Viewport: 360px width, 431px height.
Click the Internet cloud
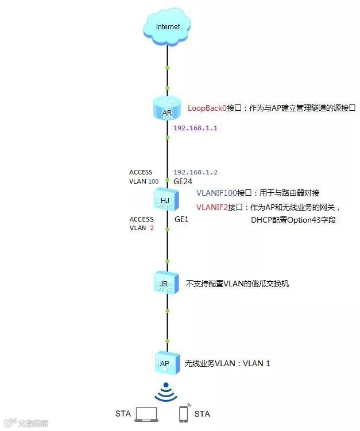click(x=167, y=28)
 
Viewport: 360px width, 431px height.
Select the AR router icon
click(x=167, y=110)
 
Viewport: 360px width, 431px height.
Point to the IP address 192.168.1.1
click(x=196, y=128)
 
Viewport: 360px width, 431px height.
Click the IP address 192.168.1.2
click(x=196, y=172)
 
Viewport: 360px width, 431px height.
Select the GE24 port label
click(x=183, y=181)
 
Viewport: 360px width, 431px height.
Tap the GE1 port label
click(x=181, y=219)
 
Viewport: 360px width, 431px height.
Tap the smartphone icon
click(x=184, y=413)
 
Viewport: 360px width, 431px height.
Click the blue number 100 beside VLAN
click(x=153, y=181)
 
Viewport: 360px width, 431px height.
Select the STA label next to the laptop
click(x=123, y=414)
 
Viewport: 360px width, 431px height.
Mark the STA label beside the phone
click(x=202, y=414)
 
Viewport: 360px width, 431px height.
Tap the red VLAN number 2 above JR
click(x=152, y=228)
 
